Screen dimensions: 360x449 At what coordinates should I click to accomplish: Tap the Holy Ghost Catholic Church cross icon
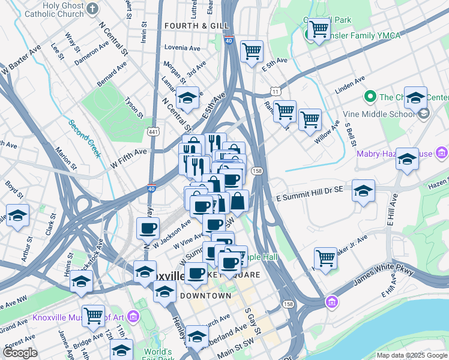pyautogui.click(x=92, y=8)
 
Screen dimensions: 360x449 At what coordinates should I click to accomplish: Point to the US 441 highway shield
pyautogui.click(x=154, y=130)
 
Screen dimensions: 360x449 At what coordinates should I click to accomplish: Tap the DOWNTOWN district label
pyautogui.click(x=205, y=296)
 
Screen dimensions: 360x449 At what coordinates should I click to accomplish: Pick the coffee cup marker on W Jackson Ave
pyautogui.click(x=148, y=228)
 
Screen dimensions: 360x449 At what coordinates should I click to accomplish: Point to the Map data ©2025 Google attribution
pyautogui.click(x=411, y=355)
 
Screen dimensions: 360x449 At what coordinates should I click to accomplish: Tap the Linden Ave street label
pyautogui.click(x=350, y=84)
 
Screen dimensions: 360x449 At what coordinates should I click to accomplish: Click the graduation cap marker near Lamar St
pyautogui.click(x=187, y=98)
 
